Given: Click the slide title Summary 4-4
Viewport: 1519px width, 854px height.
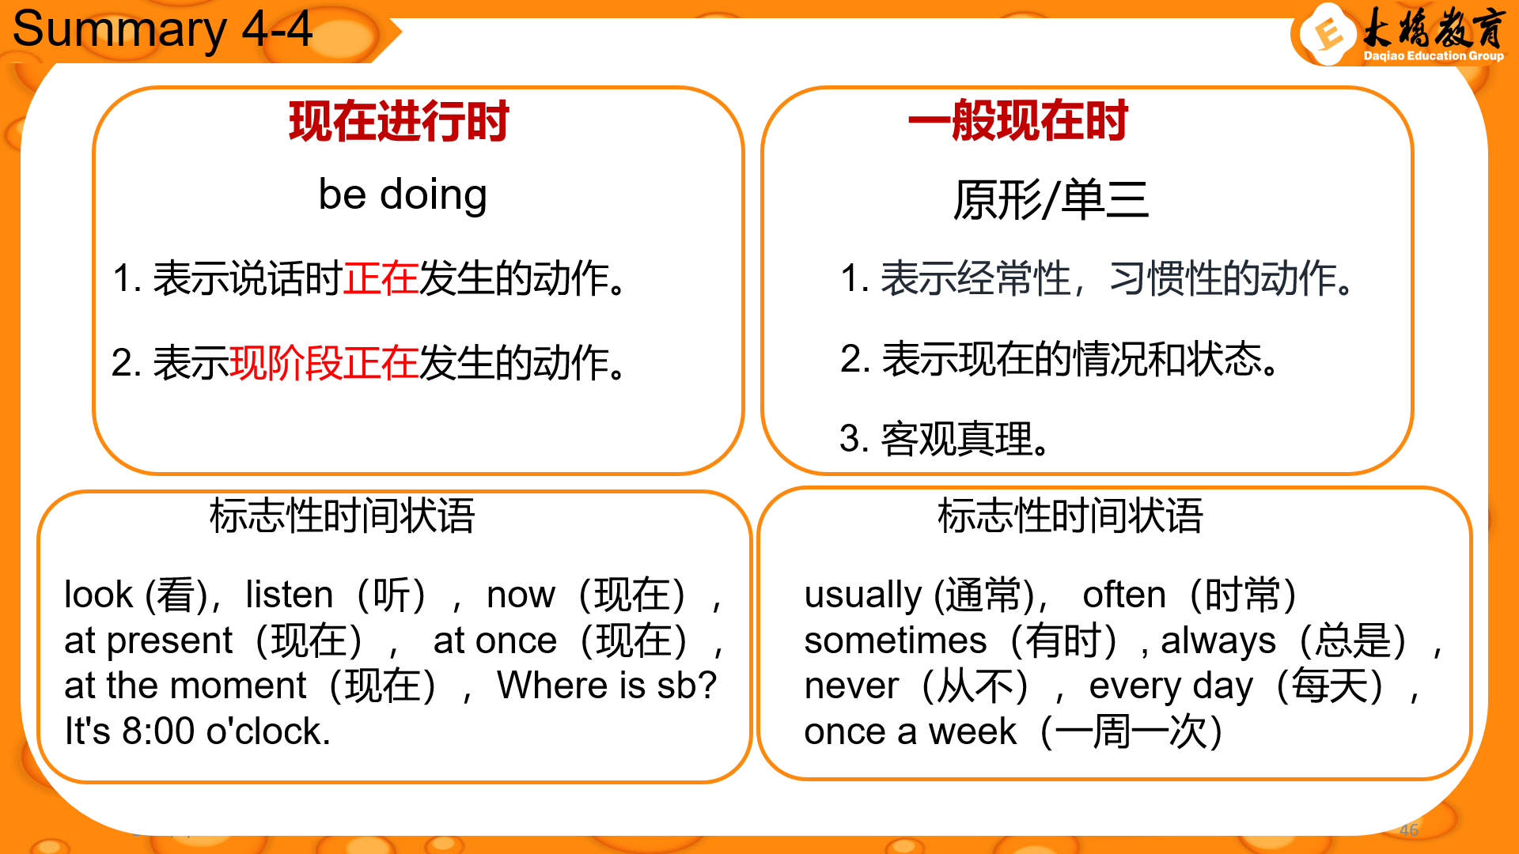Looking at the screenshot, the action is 162,29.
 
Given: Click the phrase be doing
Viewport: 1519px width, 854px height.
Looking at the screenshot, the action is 403,195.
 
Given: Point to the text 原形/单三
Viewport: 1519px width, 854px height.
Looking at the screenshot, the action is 1051,199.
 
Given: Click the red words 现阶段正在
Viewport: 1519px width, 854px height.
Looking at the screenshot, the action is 324,362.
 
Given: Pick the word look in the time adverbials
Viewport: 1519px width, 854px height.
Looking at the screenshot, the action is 99,595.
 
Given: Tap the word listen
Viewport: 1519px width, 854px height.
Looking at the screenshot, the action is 290,595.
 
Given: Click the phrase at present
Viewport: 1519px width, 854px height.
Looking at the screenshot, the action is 149,640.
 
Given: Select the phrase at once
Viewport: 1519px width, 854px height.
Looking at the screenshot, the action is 495,640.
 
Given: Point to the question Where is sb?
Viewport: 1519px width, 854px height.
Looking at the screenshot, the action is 607,686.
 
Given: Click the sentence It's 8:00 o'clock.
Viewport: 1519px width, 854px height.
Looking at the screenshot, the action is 198,731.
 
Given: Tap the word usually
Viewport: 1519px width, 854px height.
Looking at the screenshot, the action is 863,595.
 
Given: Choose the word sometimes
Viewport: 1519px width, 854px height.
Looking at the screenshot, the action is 896,640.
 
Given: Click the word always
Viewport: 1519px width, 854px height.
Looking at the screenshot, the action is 1218,641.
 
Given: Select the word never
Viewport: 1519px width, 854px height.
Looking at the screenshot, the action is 851,686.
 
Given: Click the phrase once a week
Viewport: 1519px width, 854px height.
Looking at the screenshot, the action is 910,731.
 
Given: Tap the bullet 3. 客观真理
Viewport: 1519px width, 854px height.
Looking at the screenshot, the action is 945,439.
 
